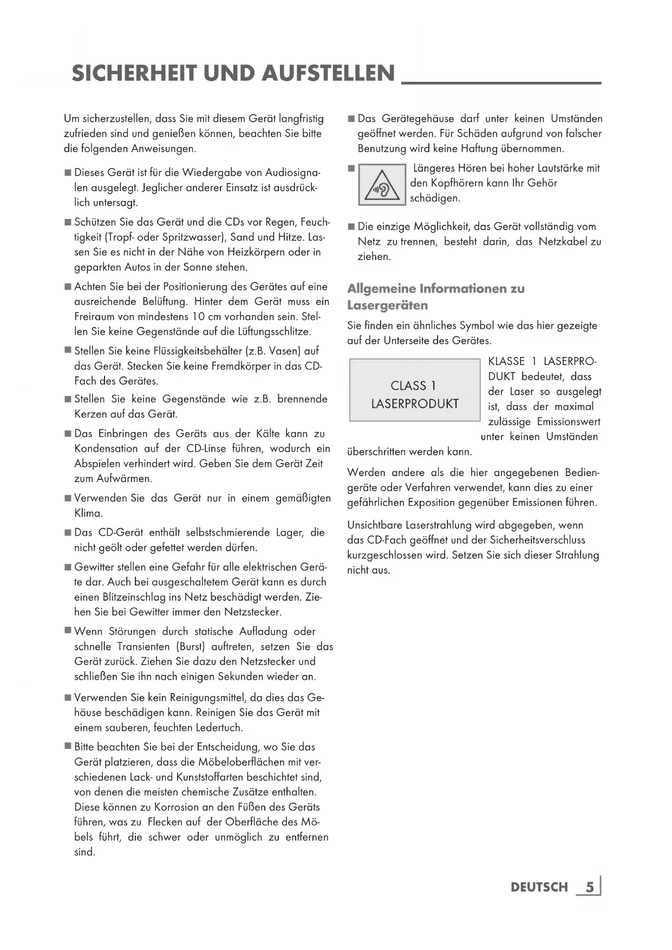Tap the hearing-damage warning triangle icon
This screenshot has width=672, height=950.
[x=382, y=185]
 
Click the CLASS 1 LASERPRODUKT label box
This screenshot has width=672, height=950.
[x=415, y=390]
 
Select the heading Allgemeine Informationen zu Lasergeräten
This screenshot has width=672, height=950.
[x=436, y=296]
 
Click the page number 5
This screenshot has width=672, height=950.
[x=590, y=887]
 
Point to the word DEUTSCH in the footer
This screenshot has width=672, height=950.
[x=539, y=887]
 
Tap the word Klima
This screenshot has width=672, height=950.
[x=88, y=513]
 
